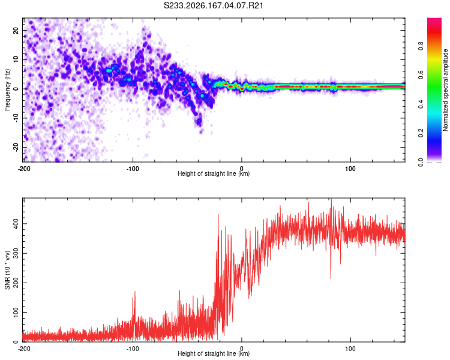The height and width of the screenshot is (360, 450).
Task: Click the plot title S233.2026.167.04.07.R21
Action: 213,5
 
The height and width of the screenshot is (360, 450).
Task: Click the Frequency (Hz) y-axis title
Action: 7,90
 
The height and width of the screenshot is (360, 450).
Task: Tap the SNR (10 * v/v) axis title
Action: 7,270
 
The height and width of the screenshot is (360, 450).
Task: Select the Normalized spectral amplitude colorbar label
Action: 445,90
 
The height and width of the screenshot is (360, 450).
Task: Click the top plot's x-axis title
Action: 214,173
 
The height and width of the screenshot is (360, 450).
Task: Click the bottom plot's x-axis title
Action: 214,353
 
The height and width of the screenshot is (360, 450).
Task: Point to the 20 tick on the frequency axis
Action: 16,30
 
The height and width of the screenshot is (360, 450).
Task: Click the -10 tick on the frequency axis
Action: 16,118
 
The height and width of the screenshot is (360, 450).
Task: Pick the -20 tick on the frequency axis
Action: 16,147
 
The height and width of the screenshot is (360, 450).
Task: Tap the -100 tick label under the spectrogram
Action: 133,169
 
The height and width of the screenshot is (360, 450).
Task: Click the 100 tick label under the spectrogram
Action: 350,169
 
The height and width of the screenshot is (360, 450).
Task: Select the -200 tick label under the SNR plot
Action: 24,349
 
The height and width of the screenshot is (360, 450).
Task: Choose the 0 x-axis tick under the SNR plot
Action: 242,349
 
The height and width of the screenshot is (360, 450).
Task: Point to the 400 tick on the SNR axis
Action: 16,224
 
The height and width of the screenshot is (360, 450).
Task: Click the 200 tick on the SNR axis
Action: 16,283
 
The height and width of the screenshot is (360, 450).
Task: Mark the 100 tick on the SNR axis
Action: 16,313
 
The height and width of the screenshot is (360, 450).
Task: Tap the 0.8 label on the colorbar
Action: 421,46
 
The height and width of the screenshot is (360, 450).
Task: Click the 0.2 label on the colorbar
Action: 421,133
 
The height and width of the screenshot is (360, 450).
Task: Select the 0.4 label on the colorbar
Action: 421,104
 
